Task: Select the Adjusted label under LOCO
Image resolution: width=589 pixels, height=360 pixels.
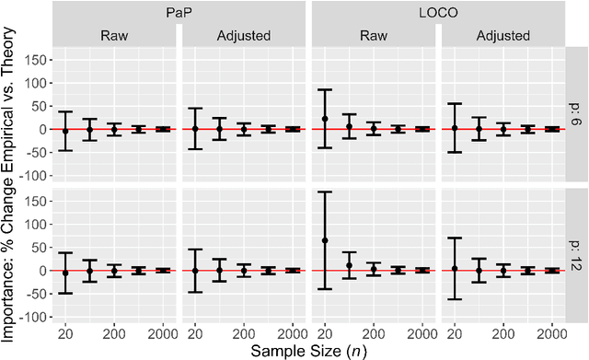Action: tap(502, 36)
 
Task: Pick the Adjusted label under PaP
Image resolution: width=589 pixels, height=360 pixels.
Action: tap(242, 36)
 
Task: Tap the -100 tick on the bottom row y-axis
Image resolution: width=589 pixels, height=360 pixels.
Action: tap(34, 317)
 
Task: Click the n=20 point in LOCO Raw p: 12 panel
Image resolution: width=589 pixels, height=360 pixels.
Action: tap(325, 240)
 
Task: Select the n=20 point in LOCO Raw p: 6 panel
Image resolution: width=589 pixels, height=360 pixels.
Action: tap(325, 119)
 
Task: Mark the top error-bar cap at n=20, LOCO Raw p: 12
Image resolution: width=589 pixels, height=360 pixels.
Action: tap(325, 192)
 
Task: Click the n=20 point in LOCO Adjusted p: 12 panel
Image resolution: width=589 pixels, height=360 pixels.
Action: tap(455, 268)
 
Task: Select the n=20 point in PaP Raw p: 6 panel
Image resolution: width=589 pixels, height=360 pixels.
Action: tap(65, 131)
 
